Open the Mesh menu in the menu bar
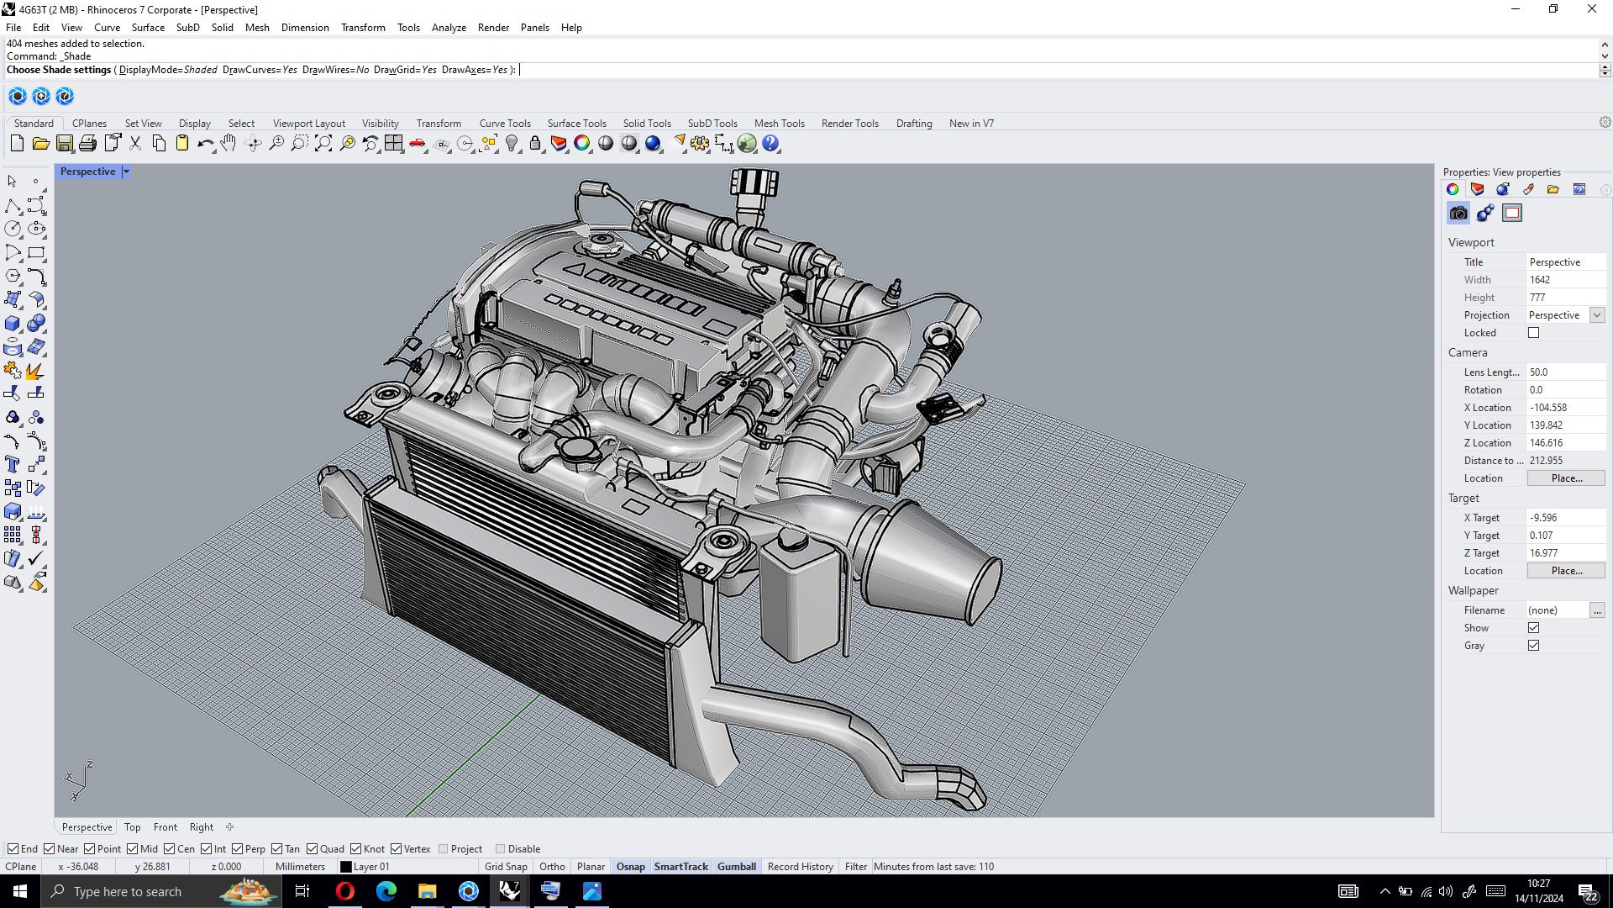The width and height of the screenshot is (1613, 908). click(x=257, y=27)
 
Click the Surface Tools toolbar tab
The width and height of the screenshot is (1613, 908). click(x=576, y=123)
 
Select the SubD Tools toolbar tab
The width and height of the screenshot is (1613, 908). click(x=712, y=123)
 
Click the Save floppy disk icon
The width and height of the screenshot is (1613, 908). click(x=64, y=144)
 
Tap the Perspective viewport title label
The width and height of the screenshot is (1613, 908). click(x=87, y=172)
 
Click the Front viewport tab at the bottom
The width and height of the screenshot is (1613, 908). click(x=165, y=827)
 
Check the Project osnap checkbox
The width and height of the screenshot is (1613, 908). click(x=444, y=849)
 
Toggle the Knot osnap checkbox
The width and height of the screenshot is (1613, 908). click(x=356, y=849)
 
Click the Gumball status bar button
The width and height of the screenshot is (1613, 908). click(x=736, y=867)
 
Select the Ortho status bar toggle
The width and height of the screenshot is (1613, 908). click(x=552, y=867)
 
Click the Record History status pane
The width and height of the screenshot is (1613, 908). click(x=800, y=867)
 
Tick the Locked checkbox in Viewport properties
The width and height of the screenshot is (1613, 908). click(x=1533, y=333)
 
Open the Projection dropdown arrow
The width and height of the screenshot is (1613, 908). click(x=1597, y=315)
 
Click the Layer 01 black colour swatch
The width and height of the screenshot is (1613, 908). click(x=345, y=867)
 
